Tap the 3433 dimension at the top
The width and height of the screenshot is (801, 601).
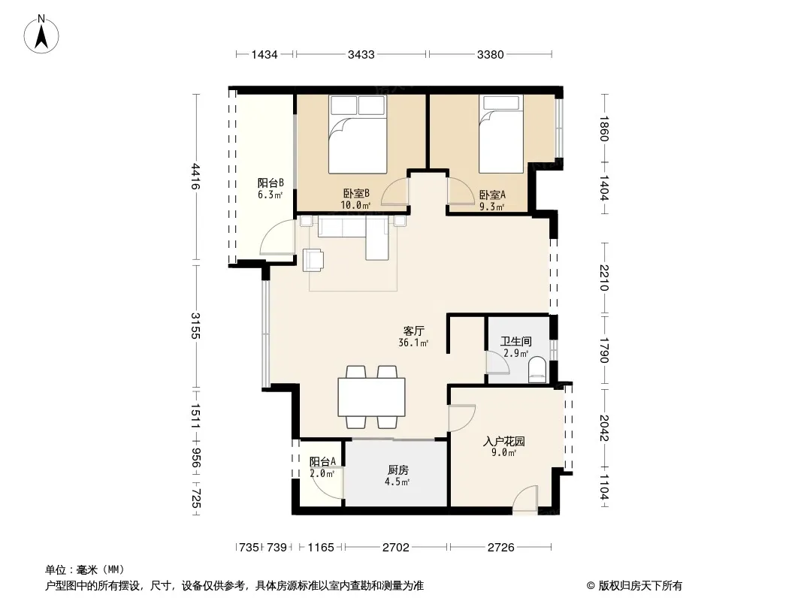[361, 55]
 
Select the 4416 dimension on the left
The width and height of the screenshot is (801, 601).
[195, 176]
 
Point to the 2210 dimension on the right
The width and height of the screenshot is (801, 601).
[604, 277]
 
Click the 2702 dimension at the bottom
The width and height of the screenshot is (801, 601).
[396, 548]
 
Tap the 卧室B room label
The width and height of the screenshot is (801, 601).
[356, 194]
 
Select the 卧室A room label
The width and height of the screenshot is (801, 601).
[492, 195]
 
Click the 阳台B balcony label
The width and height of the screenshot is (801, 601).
[271, 183]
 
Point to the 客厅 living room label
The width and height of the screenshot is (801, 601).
[414, 331]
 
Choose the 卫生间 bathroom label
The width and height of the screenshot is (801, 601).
[516, 341]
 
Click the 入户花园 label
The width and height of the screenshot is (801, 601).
[503, 441]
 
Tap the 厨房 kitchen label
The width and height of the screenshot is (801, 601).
[398, 470]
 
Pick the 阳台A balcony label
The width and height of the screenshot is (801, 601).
[323, 461]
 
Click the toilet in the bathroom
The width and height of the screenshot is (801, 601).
[537, 369]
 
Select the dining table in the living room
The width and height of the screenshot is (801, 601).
[371, 397]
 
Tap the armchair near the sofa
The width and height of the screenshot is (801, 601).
[313, 260]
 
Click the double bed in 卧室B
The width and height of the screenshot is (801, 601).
[357, 134]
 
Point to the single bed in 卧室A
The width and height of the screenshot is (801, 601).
[500, 134]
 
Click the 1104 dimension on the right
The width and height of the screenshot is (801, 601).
[604, 488]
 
